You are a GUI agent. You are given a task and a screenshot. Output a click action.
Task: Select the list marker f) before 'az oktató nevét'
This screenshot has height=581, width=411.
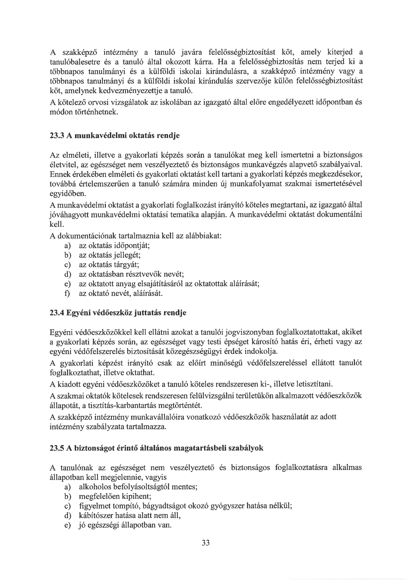pos(67,293)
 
